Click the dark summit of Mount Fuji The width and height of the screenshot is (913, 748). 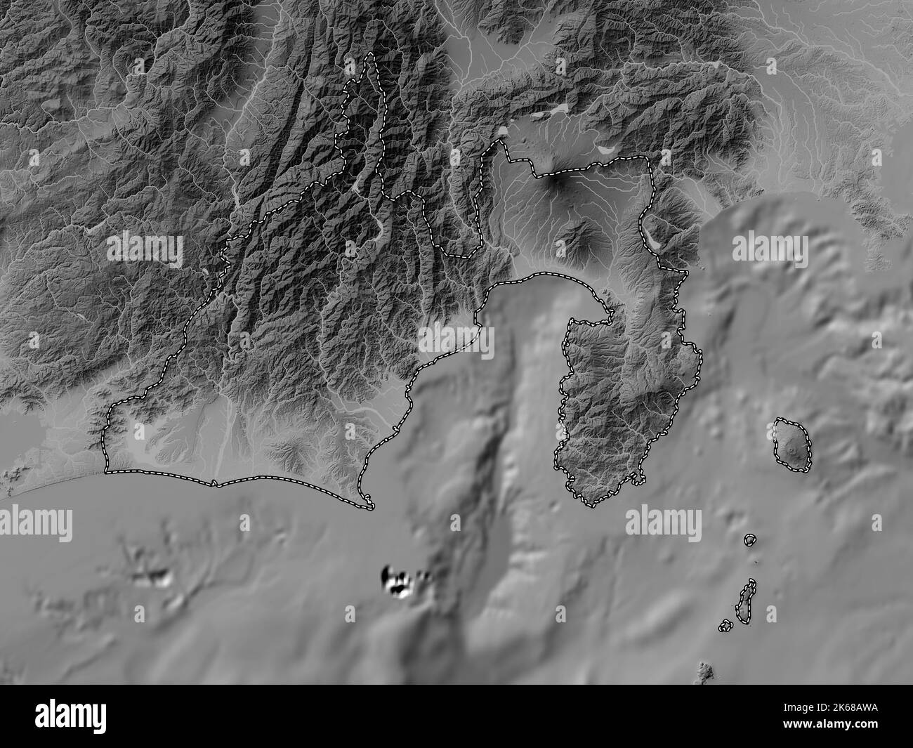559,183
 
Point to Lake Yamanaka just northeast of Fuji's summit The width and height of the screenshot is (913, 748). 605,149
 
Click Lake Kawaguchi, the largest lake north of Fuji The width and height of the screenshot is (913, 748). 558,110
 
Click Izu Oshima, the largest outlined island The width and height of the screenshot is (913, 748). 792,445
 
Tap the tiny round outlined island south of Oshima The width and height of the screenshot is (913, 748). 750,540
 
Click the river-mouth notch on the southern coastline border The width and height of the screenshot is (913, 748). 214,483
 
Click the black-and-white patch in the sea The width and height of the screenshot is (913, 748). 398,582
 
